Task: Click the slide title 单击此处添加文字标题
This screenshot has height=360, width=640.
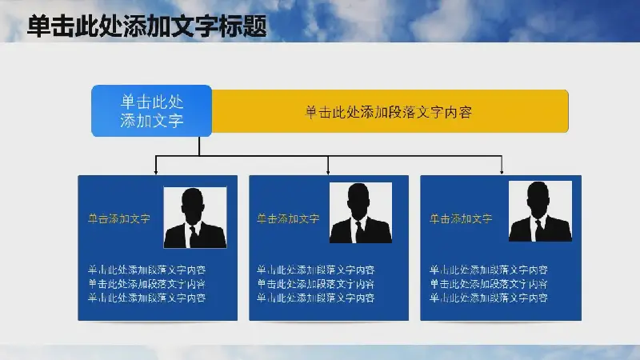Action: (x=147, y=26)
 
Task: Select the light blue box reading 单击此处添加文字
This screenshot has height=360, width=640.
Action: (x=151, y=110)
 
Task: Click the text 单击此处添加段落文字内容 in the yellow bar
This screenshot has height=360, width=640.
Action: (x=388, y=112)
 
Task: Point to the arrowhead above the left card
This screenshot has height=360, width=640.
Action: (x=155, y=171)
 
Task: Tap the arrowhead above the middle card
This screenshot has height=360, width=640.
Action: (x=328, y=171)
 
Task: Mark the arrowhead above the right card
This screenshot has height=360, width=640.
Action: (x=502, y=171)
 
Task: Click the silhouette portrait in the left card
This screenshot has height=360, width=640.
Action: (x=195, y=218)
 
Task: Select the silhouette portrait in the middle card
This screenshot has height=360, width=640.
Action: (x=361, y=213)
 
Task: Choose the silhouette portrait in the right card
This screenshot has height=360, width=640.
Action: (x=540, y=211)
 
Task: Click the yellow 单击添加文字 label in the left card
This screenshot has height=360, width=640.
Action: (x=119, y=218)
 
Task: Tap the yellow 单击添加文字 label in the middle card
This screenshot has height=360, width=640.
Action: (x=288, y=218)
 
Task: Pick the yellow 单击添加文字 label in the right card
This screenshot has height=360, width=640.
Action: (x=461, y=218)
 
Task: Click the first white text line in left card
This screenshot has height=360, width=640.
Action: (x=147, y=270)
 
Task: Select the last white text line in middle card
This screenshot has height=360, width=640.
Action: (x=316, y=298)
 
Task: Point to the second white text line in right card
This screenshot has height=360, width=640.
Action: (x=489, y=284)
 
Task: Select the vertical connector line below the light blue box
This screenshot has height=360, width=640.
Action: (x=199, y=146)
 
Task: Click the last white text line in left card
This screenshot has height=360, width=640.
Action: (x=147, y=298)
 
